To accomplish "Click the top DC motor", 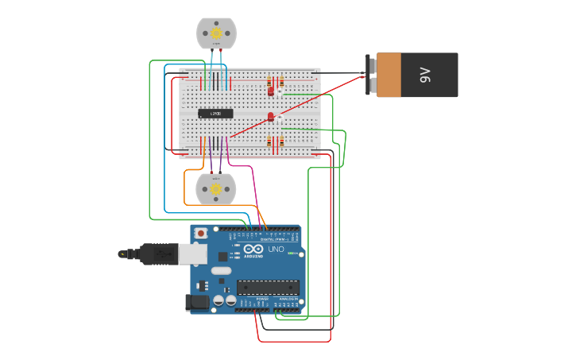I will pyautogui.click(x=216, y=33).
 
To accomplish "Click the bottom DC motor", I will pyautogui.click(x=216, y=189).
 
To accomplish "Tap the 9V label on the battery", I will pyautogui.click(x=425, y=75).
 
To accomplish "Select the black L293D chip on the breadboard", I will pyautogui.click(x=215, y=114).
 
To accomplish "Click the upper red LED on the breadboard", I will pyautogui.click(x=271, y=91).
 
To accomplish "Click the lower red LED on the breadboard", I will pyautogui.click(x=271, y=118).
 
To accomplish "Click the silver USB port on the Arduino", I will pyautogui.click(x=191, y=254).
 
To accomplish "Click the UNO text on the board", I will pyautogui.click(x=276, y=250).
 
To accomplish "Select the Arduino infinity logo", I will pyautogui.click(x=253, y=249).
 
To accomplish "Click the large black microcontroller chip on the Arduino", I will pyautogui.click(x=268, y=287).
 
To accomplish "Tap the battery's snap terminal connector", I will pyautogui.click(x=369, y=75).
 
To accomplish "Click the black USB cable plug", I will pyautogui.click(x=156, y=254).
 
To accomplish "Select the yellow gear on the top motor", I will pyautogui.click(x=216, y=33).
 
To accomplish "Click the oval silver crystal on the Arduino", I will pyautogui.click(x=222, y=271).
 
